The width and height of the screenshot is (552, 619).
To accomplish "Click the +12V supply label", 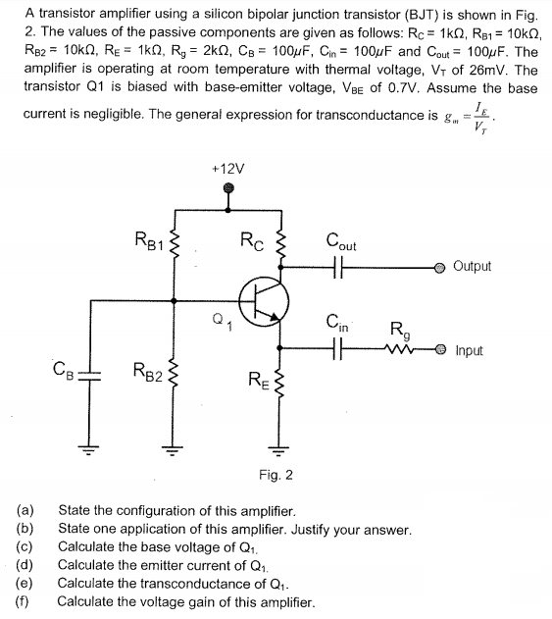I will pos(228,168).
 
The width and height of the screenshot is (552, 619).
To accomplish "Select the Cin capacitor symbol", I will pos(338,349).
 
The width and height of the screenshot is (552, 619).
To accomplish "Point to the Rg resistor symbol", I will pos(398,349).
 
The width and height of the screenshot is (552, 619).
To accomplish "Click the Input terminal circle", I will pos(442,349).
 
